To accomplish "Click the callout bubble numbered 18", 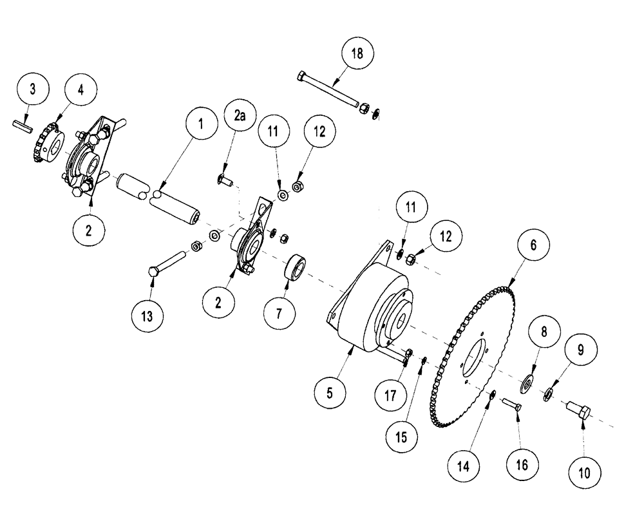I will tap(357, 54).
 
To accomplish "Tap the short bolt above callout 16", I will tap(511, 405).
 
